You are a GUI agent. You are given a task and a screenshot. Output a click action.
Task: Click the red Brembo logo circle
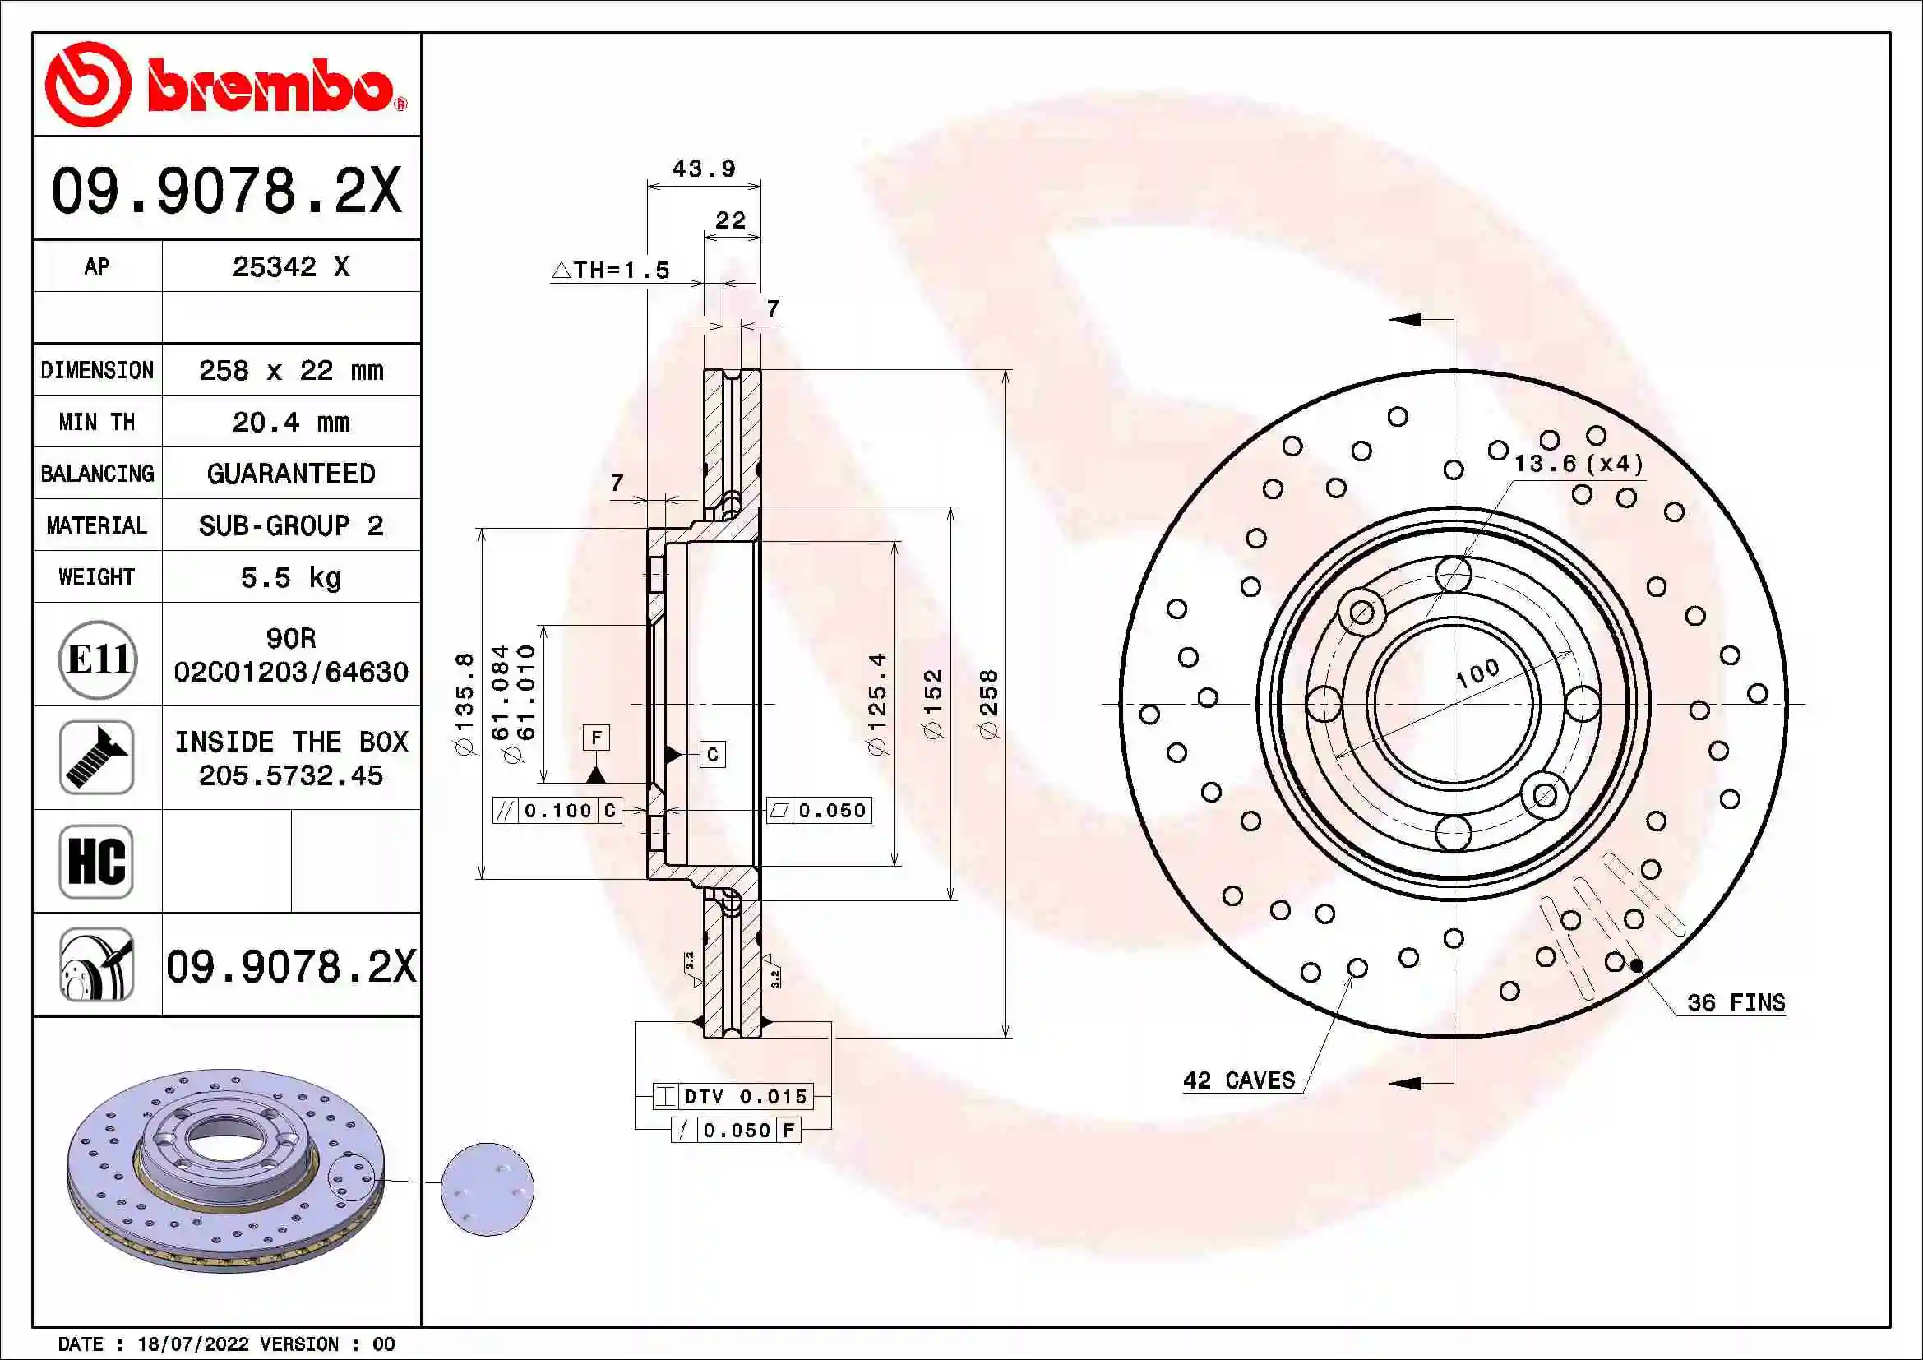tap(87, 85)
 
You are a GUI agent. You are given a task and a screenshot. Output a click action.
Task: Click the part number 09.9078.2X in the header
tap(226, 190)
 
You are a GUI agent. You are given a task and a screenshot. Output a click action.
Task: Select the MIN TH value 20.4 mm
tap(290, 422)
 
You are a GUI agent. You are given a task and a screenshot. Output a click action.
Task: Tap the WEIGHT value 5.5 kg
tap(290, 577)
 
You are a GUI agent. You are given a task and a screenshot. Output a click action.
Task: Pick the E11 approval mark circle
tap(98, 659)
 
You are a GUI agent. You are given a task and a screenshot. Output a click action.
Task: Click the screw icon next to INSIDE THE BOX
tap(97, 757)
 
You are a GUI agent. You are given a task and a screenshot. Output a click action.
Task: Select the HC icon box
tap(97, 861)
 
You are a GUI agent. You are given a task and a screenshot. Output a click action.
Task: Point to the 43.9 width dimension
tap(704, 169)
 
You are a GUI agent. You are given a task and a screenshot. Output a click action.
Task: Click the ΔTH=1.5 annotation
tap(612, 270)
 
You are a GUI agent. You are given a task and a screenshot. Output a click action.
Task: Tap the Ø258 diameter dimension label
tap(989, 704)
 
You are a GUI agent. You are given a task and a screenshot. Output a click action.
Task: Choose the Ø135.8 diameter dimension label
tap(464, 704)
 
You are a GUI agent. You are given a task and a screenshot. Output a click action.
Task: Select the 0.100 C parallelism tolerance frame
tap(557, 810)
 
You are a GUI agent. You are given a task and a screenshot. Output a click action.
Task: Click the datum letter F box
tap(596, 738)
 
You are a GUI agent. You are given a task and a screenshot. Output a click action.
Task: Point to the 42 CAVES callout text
tap(1239, 1080)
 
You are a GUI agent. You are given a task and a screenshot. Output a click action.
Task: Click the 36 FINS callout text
tap(1736, 1002)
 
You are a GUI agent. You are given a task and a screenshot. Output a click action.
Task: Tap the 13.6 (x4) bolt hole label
tap(1578, 463)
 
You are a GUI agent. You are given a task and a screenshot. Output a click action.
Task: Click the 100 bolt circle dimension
tap(1477, 673)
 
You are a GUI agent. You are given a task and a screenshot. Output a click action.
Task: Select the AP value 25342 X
tap(290, 266)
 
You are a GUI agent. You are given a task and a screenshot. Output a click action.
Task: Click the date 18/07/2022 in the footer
tap(192, 1344)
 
